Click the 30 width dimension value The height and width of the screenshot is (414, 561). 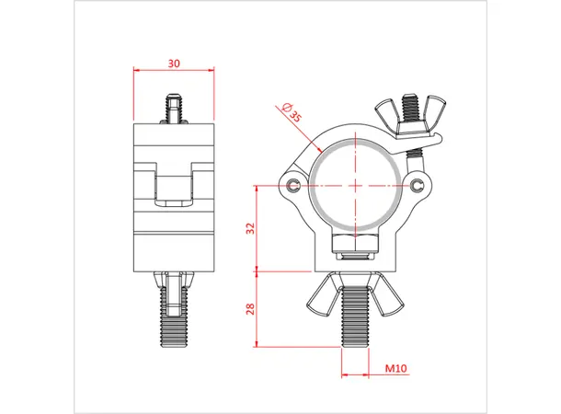[173, 63]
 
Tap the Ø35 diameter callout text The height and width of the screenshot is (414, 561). [292, 113]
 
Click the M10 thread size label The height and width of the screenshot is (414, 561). [395, 369]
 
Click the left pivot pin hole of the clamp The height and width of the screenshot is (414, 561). [292, 187]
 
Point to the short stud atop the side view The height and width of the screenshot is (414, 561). [174, 108]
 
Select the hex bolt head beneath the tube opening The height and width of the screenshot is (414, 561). [356, 244]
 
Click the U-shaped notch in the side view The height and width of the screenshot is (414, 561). [174, 184]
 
